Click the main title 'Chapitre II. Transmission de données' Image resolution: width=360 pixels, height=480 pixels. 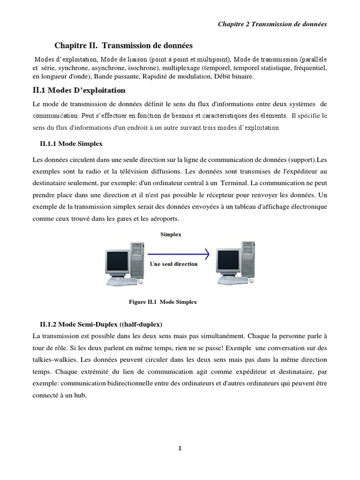pyautogui.click(x=124, y=45)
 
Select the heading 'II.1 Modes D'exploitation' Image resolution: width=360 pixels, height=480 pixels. pyautogui.click(x=80, y=90)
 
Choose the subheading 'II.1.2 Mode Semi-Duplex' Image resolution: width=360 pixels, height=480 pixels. pyautogui.click(x=101, y=324)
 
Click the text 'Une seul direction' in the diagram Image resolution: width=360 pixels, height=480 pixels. pyautogui.click(x=173, y=264)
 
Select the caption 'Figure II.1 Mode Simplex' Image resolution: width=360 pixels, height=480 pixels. pyautogui.click(x=163, y=302)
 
